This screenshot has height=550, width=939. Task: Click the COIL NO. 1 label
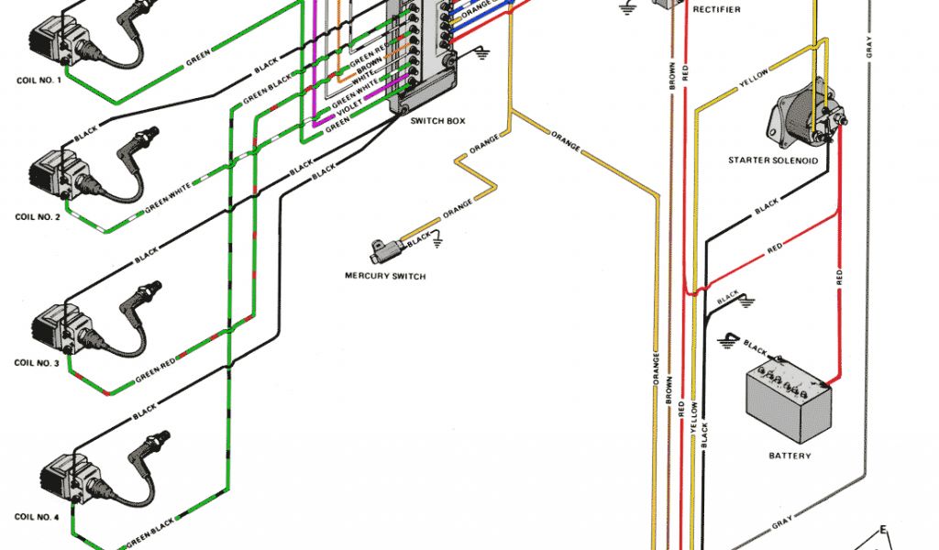(39, 80)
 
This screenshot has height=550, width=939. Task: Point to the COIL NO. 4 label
(39, 517)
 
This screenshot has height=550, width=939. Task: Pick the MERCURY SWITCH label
(385, 276)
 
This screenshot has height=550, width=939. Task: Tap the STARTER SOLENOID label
(772, 160)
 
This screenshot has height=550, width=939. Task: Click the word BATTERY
(789, 456)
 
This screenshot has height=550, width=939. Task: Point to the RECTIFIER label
(717, 10)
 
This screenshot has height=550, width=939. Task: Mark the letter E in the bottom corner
(883, 530)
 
